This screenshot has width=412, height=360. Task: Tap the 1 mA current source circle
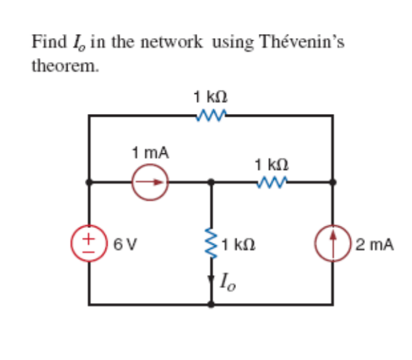(150, 182)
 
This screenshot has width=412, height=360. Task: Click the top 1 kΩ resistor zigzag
(211, 114)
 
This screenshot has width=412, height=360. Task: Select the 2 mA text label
(374, 246)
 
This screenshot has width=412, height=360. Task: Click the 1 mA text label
(150, 152)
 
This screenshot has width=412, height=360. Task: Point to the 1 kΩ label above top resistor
(211, 96)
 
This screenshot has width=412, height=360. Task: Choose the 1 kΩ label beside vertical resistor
(238, 246)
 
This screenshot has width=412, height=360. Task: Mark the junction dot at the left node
(89, 182)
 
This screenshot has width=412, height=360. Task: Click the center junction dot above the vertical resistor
(212, 182)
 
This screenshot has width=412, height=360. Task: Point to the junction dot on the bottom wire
(212, 303)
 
